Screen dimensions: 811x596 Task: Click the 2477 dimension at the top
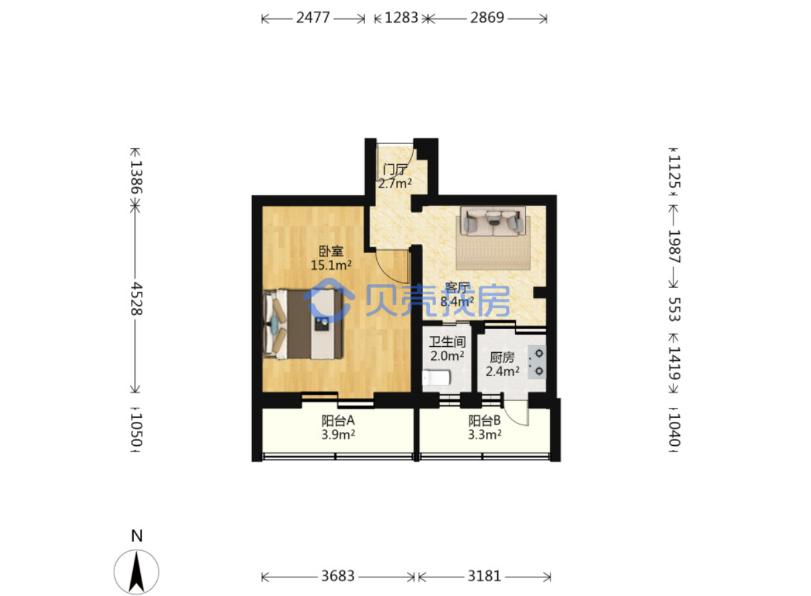point(313,18)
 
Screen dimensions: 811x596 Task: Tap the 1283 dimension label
point(401,18)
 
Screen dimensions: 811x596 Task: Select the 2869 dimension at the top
point(487,18)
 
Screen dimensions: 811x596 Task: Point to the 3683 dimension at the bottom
point(338,576)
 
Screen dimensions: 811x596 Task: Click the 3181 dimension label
point(484,576)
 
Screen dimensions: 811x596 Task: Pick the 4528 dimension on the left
point(136,299)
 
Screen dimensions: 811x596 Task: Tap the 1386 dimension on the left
point(136,177)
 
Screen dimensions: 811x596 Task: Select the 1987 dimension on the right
point(674,246)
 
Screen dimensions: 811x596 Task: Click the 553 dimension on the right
point(674,309)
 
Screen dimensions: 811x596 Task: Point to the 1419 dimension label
point(674,363)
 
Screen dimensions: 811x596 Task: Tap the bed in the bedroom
point(302,325)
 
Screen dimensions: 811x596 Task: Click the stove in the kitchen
point(536,362)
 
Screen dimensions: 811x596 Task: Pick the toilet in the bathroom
point(436,377)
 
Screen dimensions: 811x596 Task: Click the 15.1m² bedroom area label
point(331,265)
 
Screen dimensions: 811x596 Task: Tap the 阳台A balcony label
point(338,421)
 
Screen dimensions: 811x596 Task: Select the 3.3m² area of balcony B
point(485,435)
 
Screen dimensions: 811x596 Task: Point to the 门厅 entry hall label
point(395,169)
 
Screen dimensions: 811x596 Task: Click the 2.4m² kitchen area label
point(503,371)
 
